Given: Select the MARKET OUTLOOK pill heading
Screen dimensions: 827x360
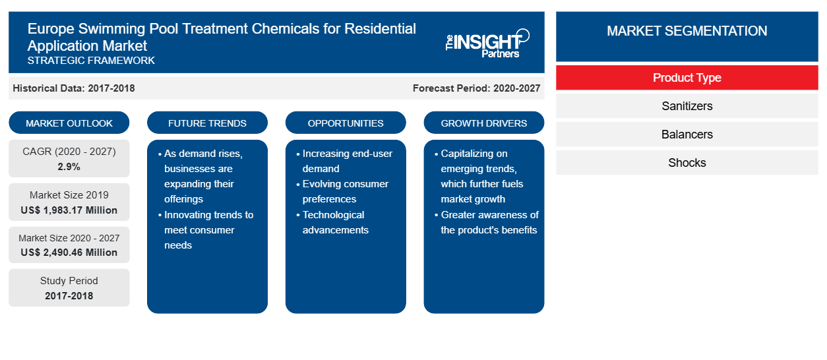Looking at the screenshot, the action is [69, 123].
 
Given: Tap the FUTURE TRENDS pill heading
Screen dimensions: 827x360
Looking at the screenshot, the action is [207, 123].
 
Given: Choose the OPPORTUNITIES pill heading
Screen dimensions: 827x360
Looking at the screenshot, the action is [346, 123].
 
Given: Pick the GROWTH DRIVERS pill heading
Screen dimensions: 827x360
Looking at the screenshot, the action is [484, 123].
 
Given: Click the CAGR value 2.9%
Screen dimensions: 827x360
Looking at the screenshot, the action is [69, 167].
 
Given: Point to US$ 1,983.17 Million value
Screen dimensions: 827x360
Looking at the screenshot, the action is [69, 210].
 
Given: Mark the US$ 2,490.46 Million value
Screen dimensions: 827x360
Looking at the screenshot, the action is [69, 253].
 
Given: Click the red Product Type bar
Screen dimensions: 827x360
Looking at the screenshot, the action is [687, 78].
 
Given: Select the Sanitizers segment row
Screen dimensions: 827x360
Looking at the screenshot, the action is [687, 106].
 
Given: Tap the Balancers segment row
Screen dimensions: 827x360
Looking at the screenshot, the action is [687, 135].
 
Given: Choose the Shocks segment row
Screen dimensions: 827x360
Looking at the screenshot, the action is [687, 162].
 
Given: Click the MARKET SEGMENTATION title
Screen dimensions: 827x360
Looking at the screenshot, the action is [687, 30].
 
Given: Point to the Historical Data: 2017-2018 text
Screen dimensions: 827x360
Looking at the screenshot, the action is [74, 88].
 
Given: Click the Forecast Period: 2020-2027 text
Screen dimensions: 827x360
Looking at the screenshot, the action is [476, 88].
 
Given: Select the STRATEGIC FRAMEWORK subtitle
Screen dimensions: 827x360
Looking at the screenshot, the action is [91, 61].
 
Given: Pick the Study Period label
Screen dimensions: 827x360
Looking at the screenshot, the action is [69, 281].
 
